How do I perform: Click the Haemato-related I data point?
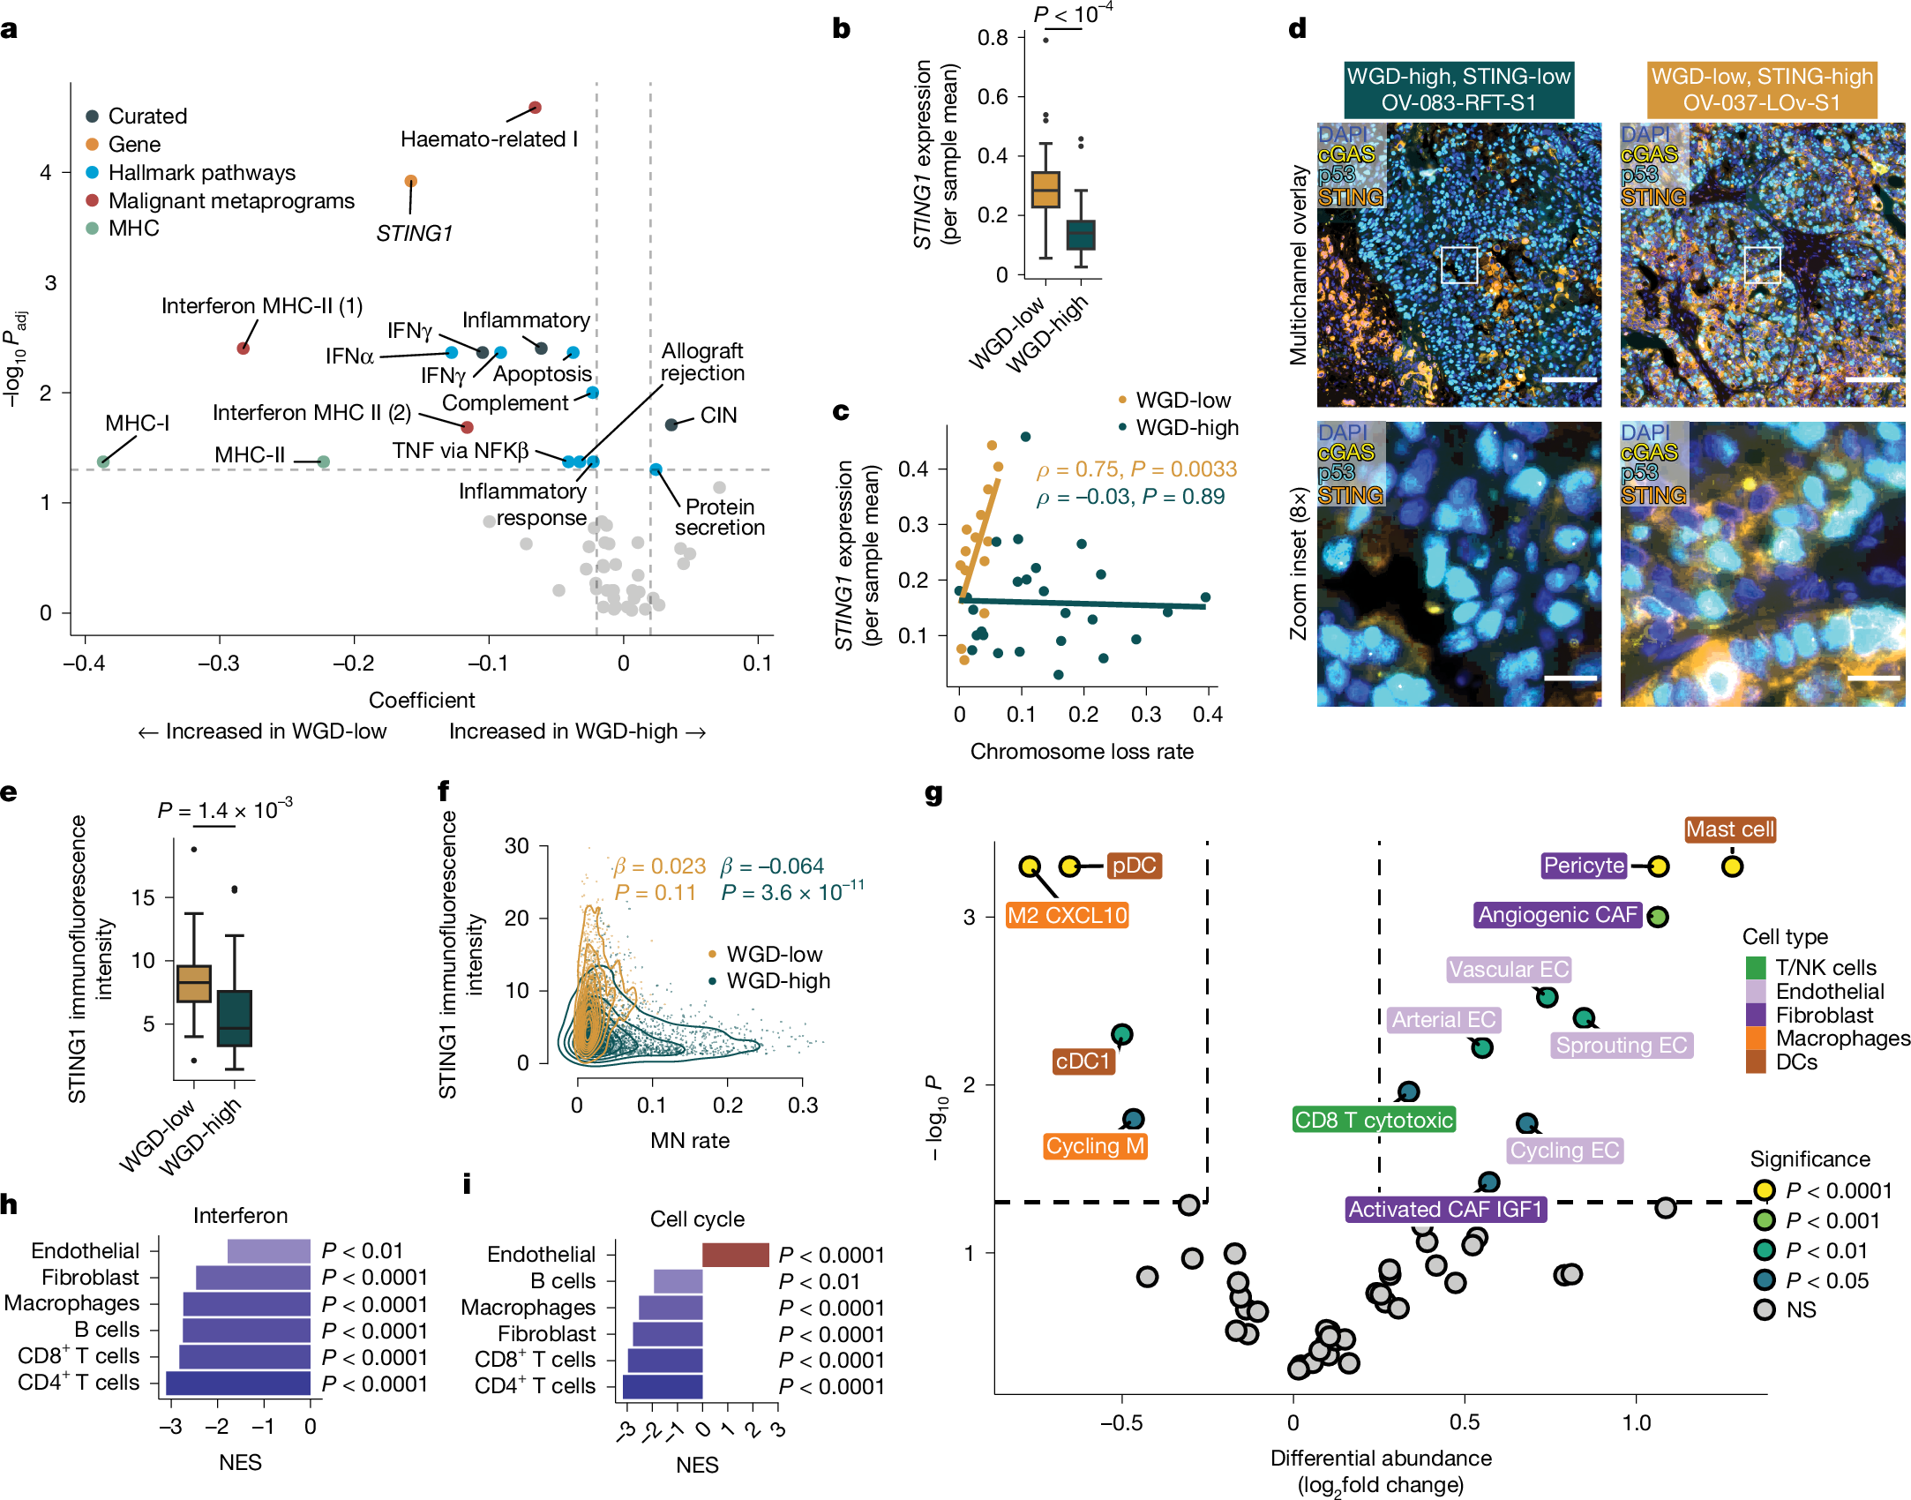[535, 108]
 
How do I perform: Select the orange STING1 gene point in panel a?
[410, 181]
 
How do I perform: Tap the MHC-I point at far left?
[103, 461]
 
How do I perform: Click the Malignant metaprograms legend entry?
[230, 201]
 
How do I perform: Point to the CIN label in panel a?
[718, 416]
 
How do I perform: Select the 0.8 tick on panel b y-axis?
[993, 38]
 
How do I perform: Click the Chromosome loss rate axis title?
[1082, 752]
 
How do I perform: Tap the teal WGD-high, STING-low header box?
[1458, 89]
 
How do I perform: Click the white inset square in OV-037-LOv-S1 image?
[1762, 265]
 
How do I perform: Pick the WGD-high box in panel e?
[235, 1018]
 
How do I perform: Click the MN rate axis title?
[690, 1141]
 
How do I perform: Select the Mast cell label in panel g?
[1729, 829]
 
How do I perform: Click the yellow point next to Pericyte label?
[1658, 866]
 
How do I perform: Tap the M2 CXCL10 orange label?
[1067, 915]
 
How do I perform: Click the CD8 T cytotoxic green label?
[1373, 1120]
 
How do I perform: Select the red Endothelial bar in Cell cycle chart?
[736, 1254]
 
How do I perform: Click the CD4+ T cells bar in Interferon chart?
[238, 1383]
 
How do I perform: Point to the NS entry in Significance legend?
[1800, 1310]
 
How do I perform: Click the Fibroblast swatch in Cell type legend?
[1756, 1015]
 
